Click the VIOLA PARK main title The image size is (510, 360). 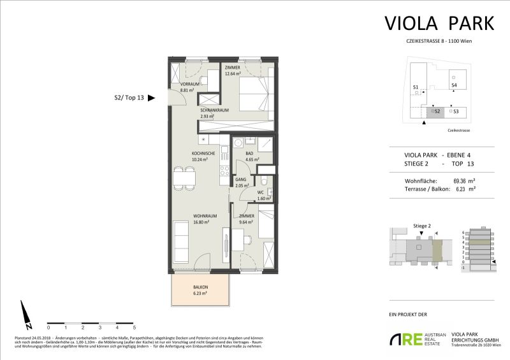tap(439, 23)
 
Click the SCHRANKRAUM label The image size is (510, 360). tap(213, 113)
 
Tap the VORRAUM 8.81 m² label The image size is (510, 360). tap(190, 87)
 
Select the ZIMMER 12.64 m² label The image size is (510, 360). tap(233, 69)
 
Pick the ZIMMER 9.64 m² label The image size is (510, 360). tap(247, 219)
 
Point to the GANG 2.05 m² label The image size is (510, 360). tap(240, 183)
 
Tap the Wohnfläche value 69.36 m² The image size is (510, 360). tap(465, 181)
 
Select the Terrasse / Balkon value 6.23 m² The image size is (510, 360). tap(463, 189)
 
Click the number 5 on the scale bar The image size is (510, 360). tap(134, 327)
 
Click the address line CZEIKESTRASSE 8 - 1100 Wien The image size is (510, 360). tap(439, 41)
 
